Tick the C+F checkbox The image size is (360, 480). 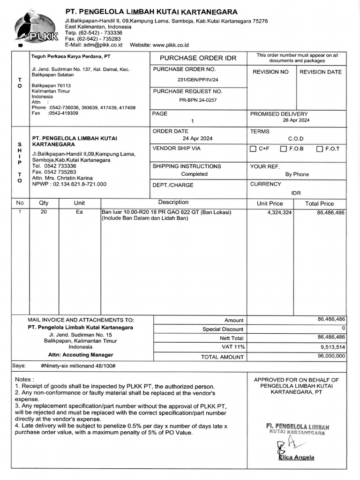pyautogui.click(x=253, y=149)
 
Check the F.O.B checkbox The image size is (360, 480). pyautogui.click(x=283, y=149)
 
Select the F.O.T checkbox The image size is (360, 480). pyautogui.click(x=320, y=149)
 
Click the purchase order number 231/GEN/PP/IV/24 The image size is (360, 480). pyautogui.click(x=198, y=80)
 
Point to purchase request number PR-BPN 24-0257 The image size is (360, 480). pyautogui.click(x=198, y=100)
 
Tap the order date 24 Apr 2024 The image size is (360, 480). pyautogui.click(x=197, y=139)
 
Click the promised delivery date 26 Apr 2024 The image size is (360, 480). pyautogui.click(x=296, y=120)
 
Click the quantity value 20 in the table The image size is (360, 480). pyautogui.click(x=44, y=212)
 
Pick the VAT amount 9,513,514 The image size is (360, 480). pyautogui.click(x=333, y=347)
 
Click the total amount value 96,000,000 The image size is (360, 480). pyautogui.click(x=331, y=356)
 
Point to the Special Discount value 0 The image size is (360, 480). pyautogui.click(x=343, y=328)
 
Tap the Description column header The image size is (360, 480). pyautogui.click(x=173, y=202)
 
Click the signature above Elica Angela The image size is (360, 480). pyautogui.click(x=286, y=446)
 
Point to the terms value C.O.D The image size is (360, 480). pyautogui.click(x=296, y=139)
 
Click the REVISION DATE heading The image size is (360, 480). pyautogui.click(x=321, y=72)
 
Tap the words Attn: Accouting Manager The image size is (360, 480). pyautogui.click(x=81, y=355)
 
